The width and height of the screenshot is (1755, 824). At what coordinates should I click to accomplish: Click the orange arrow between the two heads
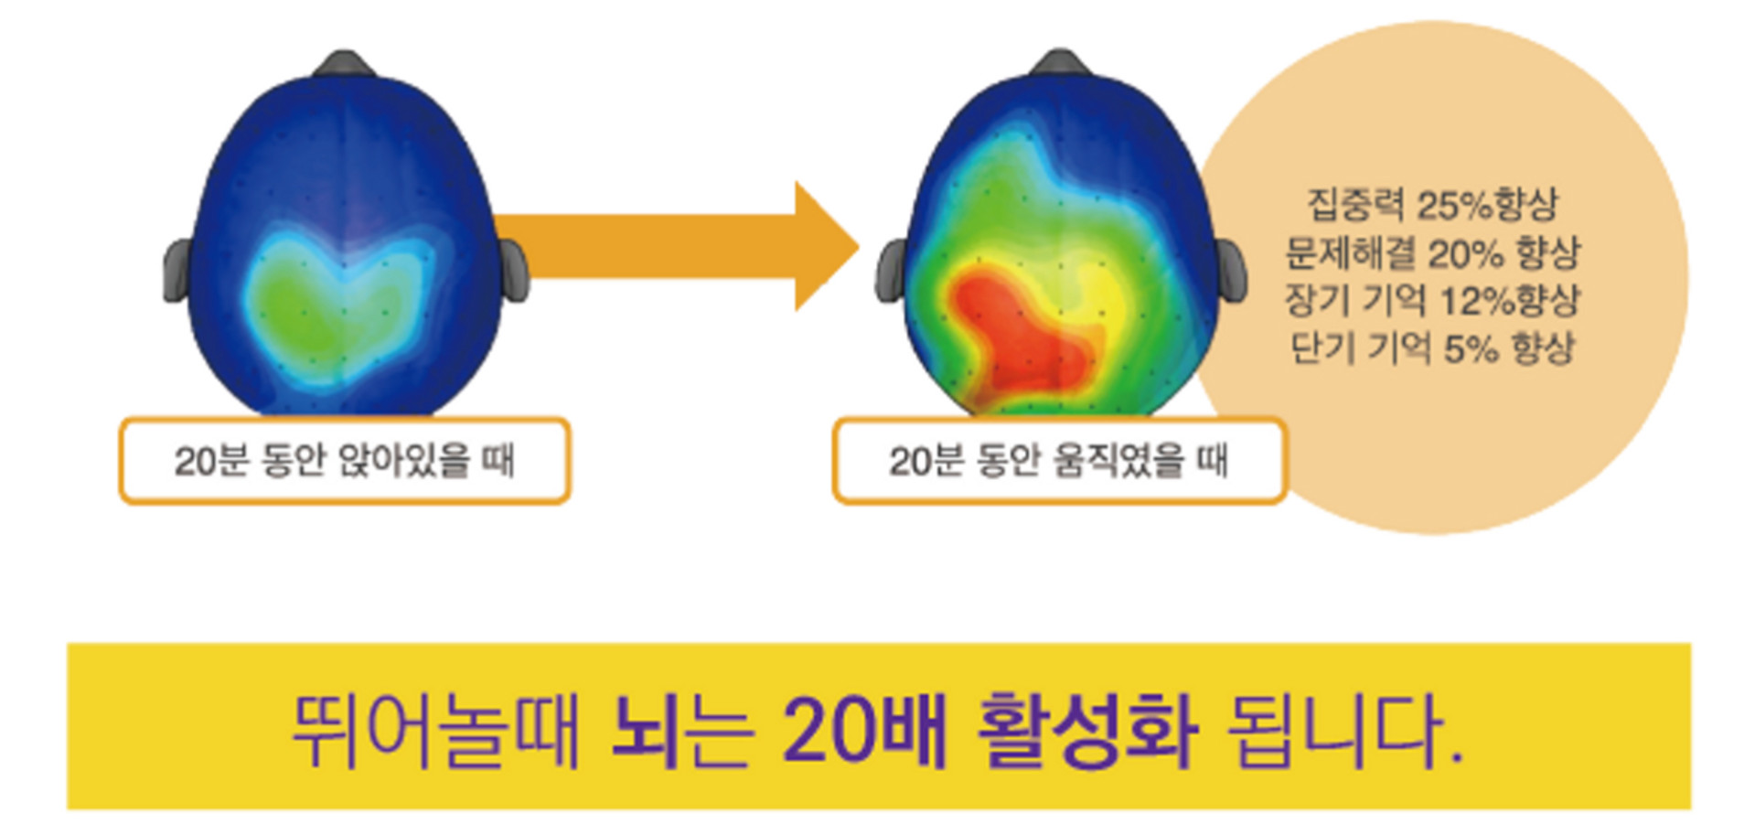677,246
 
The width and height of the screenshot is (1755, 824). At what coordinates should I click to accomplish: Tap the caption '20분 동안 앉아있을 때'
345,460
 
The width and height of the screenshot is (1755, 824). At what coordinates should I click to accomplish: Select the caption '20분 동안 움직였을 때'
1058,460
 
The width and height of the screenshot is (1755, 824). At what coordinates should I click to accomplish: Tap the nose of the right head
1060,62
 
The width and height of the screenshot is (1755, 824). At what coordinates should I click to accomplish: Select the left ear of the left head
177,270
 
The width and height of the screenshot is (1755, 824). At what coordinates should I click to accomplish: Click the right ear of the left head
515,270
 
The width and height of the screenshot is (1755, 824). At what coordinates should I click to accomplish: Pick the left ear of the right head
891,270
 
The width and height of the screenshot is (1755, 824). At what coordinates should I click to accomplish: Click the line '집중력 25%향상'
1432,204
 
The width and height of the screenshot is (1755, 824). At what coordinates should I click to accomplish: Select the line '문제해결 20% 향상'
1432,252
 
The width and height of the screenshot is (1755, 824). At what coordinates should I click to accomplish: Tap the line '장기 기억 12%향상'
1432,300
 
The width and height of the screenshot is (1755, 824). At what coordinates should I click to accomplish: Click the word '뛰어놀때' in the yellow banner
435,729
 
